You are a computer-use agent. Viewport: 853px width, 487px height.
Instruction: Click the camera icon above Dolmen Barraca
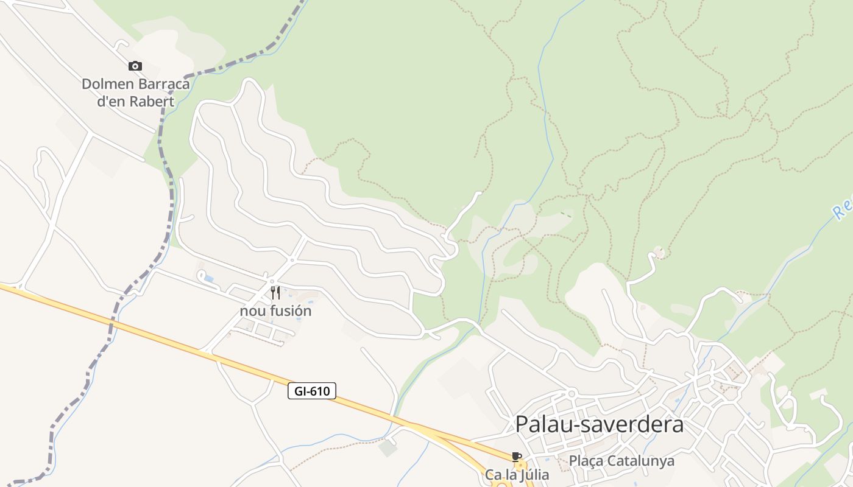[x=135, y=66]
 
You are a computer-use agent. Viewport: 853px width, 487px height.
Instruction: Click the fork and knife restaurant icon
[x=275, y=293]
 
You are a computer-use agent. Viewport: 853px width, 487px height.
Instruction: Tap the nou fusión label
[x=275, y=311]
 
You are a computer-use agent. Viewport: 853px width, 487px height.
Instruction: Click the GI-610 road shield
[x=311, y=391]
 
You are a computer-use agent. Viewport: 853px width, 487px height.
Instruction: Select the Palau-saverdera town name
[x=600, y=424]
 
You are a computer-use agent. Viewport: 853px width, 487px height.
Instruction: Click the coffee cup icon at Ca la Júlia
[x=517, y=457]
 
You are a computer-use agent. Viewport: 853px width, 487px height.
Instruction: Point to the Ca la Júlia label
[x=517, y=474]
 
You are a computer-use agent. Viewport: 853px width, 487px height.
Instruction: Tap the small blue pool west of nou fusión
[x=209, y=279]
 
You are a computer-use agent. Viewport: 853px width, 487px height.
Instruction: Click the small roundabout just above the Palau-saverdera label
[x=572, y=394]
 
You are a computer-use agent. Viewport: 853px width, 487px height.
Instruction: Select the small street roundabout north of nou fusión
[x=292, y=261]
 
